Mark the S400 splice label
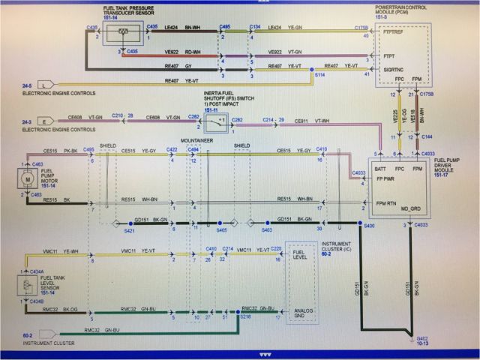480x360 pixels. coord(368,225)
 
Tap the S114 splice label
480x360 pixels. coord(320,76)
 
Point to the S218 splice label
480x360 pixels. coord(245,318)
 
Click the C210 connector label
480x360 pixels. coord(117,116)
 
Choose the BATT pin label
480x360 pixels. coord(380,169)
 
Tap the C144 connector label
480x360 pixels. coord(426,137)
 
